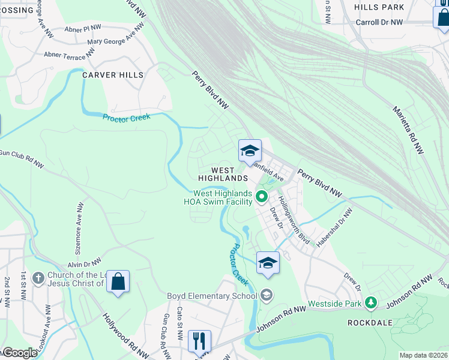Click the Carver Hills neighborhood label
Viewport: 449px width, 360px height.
[113, 75]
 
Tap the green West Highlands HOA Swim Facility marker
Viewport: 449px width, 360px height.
[261, 196]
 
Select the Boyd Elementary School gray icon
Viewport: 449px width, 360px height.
[267, 295]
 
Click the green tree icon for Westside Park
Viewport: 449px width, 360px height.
[372, 304]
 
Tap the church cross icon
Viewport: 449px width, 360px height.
[38, 278]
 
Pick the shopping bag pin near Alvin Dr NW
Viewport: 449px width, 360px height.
[118, 282]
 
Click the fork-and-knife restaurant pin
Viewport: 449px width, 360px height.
[198, 341]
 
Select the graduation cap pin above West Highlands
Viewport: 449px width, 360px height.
[250, 151]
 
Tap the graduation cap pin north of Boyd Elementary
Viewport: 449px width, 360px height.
[268, 263]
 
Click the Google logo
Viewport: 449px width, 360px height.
[19, 353]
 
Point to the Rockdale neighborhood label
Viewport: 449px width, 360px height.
[370, 322]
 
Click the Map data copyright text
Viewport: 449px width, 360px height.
[423, 355]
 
